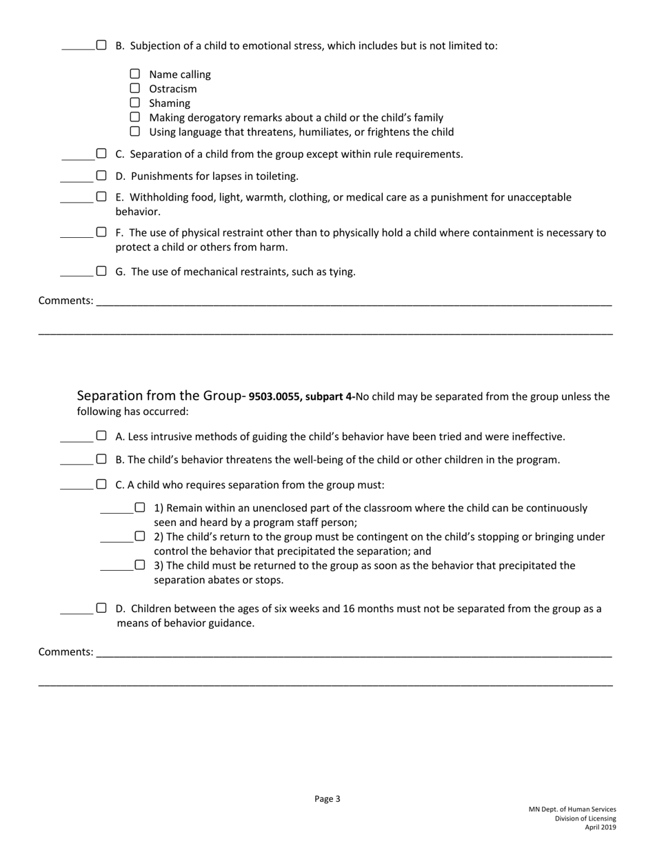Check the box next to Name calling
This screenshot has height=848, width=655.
tap(135, 74)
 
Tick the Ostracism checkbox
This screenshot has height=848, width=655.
tap(135, 88)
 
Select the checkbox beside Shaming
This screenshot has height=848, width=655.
tap(135, 103)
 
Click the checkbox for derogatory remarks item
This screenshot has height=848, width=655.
tap(135, 117)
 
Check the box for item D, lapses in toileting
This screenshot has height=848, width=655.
tap(101, 176)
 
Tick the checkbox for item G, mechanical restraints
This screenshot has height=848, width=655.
tap(101, 271)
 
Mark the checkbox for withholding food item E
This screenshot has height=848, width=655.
tap(101, 197)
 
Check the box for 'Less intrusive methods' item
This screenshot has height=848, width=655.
tap(101, 436)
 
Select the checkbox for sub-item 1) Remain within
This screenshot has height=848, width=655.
tap(140, 507)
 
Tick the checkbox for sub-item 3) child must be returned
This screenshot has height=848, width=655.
tap(140, 565)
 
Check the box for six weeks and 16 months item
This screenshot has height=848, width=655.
tap(101, 608)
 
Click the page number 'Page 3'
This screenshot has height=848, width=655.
tap(327, 799)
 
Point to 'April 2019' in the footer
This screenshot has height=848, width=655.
tap(601, 827)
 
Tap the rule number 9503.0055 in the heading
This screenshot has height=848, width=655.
tap(274, 397)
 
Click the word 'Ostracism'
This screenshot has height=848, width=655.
tap(173, 89)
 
